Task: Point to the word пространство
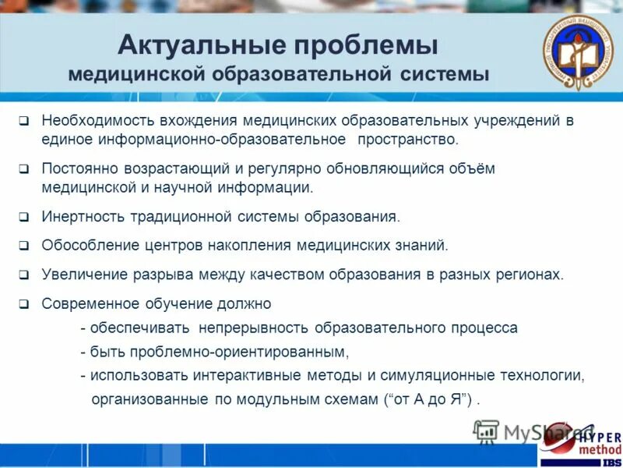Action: pyautogui.click(x=408, y=140)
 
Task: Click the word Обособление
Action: pyautogui.click(x=89, y=245)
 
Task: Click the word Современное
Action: pyautogui.click(x=90, y=303)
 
